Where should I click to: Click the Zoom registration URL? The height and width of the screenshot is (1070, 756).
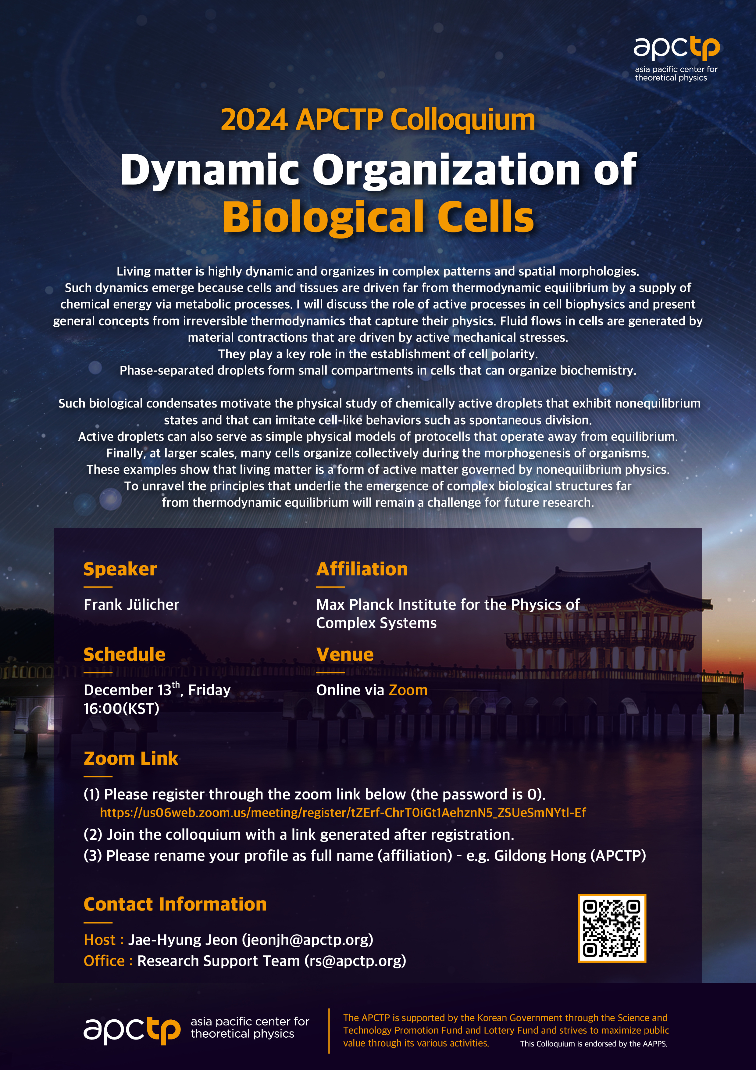(x=343, y=812)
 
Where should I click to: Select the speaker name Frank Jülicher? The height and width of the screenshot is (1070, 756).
(x=131, y=605)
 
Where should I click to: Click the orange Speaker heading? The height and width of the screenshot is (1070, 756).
(x=120, y=569)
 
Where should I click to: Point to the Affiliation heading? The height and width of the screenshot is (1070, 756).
(x=362, y=569)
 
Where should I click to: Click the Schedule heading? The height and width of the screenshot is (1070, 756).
(x=124, y=654)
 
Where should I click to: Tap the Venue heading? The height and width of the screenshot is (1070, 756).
(x=345, y=654)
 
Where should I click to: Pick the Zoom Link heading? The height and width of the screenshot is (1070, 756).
(x=131, y=758)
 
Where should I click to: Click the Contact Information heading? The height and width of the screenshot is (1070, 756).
(x=175, y=904)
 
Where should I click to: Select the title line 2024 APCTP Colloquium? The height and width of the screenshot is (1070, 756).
(x=378, y=120)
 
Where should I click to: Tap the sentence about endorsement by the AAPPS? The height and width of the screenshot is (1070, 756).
(x=594, y=1043)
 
